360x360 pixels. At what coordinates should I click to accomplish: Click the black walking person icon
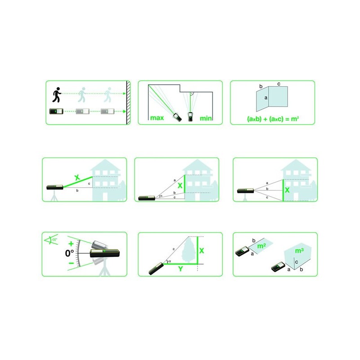[x=57, y=94]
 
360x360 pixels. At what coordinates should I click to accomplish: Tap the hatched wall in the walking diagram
[x=128, y=103]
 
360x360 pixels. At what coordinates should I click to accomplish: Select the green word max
[x=157, y=118]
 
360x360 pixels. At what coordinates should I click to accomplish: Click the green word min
[x=206, y=118]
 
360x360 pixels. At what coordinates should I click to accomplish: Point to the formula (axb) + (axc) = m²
[x=273, y=119]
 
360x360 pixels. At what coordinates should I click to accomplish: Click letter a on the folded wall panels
[x=266, y=98]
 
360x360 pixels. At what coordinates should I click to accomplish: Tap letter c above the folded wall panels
[x=279, y=84]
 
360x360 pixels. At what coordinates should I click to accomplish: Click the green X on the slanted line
[x=77, y=177]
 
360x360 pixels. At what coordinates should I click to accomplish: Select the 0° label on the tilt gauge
[x=69, y=253]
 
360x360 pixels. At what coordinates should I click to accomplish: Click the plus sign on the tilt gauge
[x=71, y=243]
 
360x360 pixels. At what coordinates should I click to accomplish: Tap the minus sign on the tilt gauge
[x=72, y=263]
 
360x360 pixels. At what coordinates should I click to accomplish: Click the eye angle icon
[x=51, y=240]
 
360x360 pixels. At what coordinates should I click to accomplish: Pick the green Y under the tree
[x=180, y=269]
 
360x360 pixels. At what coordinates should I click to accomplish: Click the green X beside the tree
[x=202, y=251]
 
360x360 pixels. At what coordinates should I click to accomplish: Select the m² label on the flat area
[x=261, y=246]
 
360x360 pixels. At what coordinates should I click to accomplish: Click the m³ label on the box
[x=299, y=251]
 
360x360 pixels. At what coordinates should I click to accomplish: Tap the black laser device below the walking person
[x=56, y=111]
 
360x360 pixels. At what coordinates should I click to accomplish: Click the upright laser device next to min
[x=190, y=117]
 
